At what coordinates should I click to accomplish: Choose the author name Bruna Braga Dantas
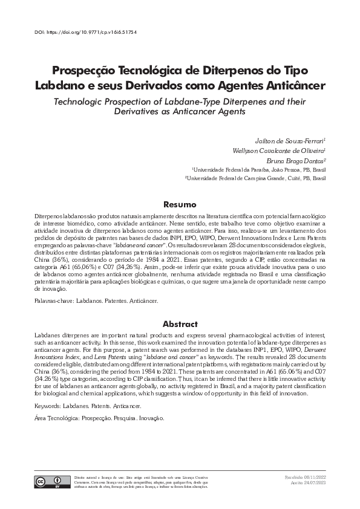[296, 160]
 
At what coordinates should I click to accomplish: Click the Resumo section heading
[180, 205]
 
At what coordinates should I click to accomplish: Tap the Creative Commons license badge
[48, 482]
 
